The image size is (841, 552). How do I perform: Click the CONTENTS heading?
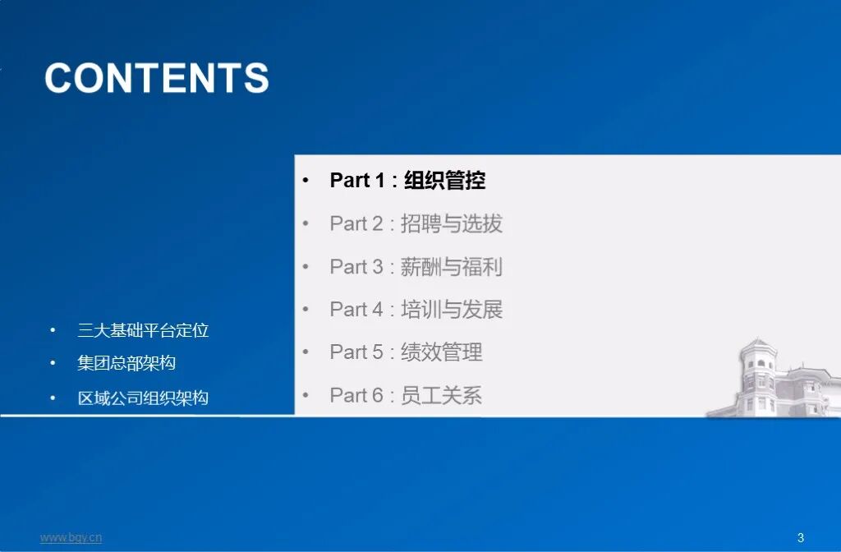pyautogui.click(x=157, y=78)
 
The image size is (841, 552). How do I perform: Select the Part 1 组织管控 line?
pyautogui.click(x=407, y=181)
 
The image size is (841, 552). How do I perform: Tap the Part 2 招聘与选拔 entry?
pyautogui.click(x=416, y=223)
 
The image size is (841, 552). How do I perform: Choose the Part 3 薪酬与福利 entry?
pyautogui.click(x=416, y=266)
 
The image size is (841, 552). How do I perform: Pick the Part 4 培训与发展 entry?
pyautogui.click(x=416, y=309)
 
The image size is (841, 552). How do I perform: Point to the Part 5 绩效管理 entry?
pyautogui.click(x=406, y=352)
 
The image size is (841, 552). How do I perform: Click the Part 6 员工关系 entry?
pyautogui.click(x=406, y=395)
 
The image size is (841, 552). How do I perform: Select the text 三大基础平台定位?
pyautogui.click(x=143, y=330)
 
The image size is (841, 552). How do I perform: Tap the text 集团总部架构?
pyautogui.click(x=126, y=362)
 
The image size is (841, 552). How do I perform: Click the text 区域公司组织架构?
pyautogui.click(x=143, y=398)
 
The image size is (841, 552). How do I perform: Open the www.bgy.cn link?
pyautogui.click(x=71, y=538)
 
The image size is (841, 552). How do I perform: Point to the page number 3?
pyautogui.click(x=801, y=538)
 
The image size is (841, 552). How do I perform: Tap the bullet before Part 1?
pyautogui.click(x=306, y=181)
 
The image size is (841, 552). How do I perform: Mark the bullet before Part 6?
pyautogui.click(x=306, y=395)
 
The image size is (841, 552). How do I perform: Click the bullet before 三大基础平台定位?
pyautogui.click(x=53, y=330)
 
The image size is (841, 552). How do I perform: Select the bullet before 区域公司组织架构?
pyautogui.click(x=53, y=398)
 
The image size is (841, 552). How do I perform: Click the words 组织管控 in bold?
pyautogui.click(x=445, y=181)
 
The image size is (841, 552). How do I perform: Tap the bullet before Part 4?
pyautogui.click(x=306, y=309)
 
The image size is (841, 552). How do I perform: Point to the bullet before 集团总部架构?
pyautogui.click(x=53, y=362)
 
